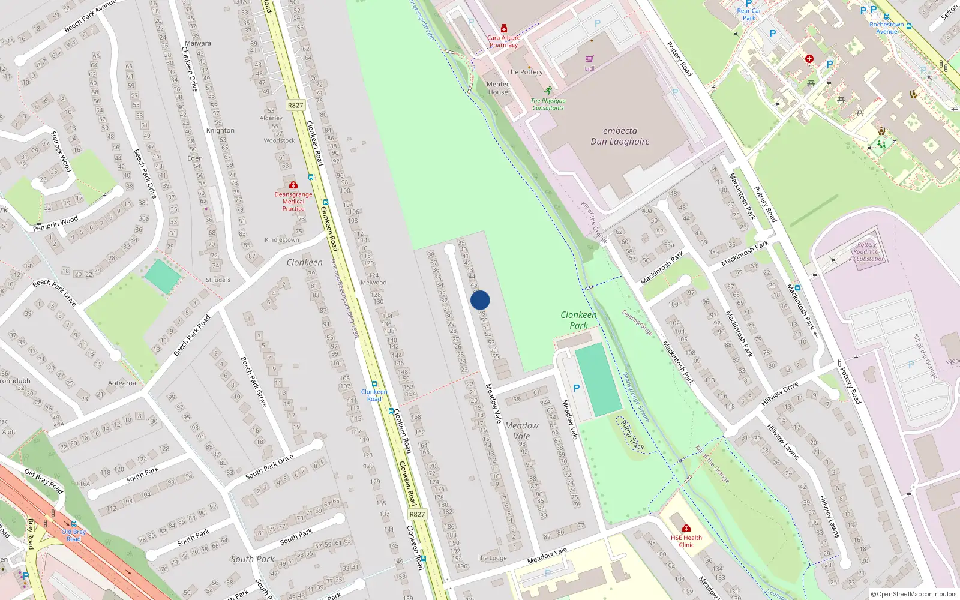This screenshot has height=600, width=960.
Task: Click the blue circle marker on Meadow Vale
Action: coord(480,300)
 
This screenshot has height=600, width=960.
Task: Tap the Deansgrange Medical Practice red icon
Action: coord(293,185)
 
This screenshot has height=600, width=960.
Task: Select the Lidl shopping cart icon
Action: coord(589,59)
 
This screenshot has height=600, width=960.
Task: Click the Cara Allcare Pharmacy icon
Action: coord(504,29)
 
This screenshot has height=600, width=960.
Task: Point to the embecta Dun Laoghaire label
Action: coord(620,136)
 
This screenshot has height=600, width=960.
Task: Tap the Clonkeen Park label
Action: coord(578,320)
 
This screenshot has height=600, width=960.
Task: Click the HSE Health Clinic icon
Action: coord(686,528)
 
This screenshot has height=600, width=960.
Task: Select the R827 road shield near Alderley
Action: coord(295,105)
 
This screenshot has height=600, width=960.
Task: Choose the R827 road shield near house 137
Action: coord(417,514)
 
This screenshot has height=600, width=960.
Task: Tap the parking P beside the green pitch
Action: coord(577,388)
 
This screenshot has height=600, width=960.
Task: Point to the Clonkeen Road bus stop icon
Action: coord(374,384)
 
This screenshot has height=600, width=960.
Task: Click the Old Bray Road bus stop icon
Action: coord(73,524)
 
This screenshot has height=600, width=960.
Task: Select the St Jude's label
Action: coord(218,280)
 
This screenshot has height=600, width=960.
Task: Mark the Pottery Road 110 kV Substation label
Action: coord(866,252)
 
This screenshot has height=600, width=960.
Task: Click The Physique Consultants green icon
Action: coord(548,90)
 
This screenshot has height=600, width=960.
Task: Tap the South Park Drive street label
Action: coord(269,467)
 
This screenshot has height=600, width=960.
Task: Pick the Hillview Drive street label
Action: coord(780,394)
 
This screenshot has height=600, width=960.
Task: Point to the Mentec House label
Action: coord(498,88)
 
